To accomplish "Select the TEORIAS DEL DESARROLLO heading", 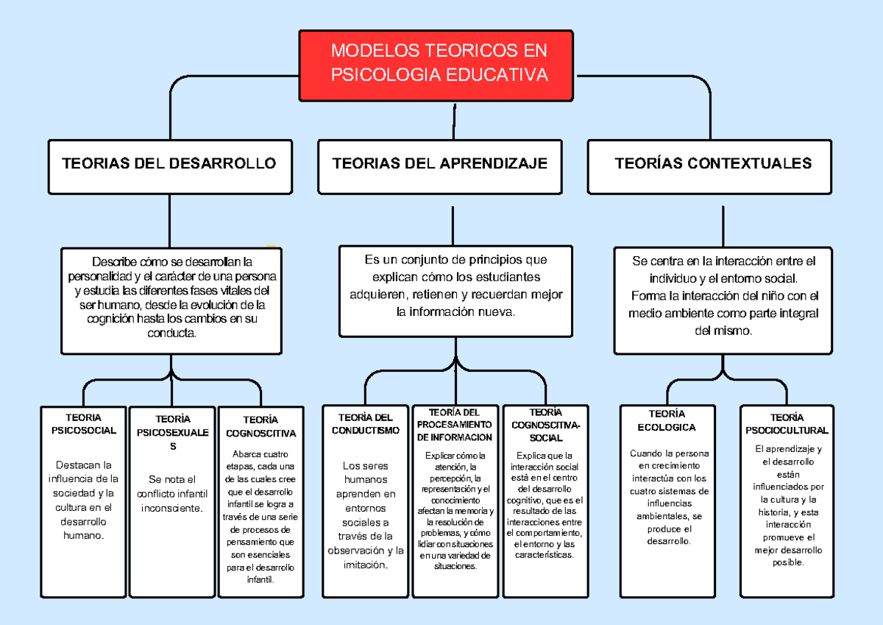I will [x=169, y=163].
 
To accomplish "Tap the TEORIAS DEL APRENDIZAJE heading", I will [x=440, y=163].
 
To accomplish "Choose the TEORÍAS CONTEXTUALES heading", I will [x=713, y=163].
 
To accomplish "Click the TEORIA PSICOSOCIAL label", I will [x=83, y=424].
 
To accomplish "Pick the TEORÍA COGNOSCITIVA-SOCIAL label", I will [x=545, y=425].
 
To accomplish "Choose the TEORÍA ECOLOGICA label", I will [x=667, y=420].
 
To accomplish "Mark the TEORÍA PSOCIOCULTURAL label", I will [x=787, y=424].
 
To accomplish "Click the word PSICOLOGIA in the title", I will [x=381, y=75].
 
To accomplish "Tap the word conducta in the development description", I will [x=172, y=333].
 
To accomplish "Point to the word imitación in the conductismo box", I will [x=364, y=565].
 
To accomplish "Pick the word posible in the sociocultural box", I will [x=788, y=562].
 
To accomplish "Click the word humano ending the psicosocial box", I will [x=83, y=535].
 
